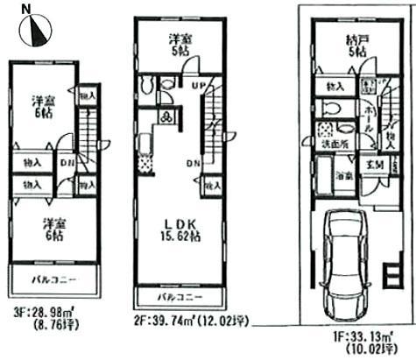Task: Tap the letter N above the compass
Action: [x=27, y=8]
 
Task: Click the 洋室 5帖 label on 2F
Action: [x=180, y=43]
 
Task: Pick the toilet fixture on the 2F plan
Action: [x=149, y=86]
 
